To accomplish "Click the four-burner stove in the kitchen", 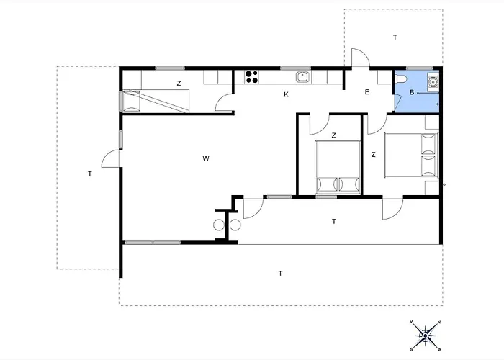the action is coord(251,77).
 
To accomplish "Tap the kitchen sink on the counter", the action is coord(303,77).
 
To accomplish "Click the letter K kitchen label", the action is coord(286,94).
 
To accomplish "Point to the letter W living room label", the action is coord(206,158).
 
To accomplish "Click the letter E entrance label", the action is coord(367,92).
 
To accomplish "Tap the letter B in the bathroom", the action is coord(412,93).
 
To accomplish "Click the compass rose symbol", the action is coord(426,336).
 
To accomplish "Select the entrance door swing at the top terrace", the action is coord(361,57).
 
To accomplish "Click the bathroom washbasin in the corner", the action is coord(433,82).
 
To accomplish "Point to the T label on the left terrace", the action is coord(90,174).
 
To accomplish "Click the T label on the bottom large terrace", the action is coord(280,274).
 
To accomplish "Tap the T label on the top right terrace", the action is coord(395,37).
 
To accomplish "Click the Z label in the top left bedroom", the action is coord(179,84).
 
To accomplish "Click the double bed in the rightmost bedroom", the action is coord(411,156).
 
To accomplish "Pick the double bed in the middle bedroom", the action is coord(338,167).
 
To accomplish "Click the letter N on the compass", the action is coord(439,322).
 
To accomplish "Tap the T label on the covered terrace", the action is coord(334,222).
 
